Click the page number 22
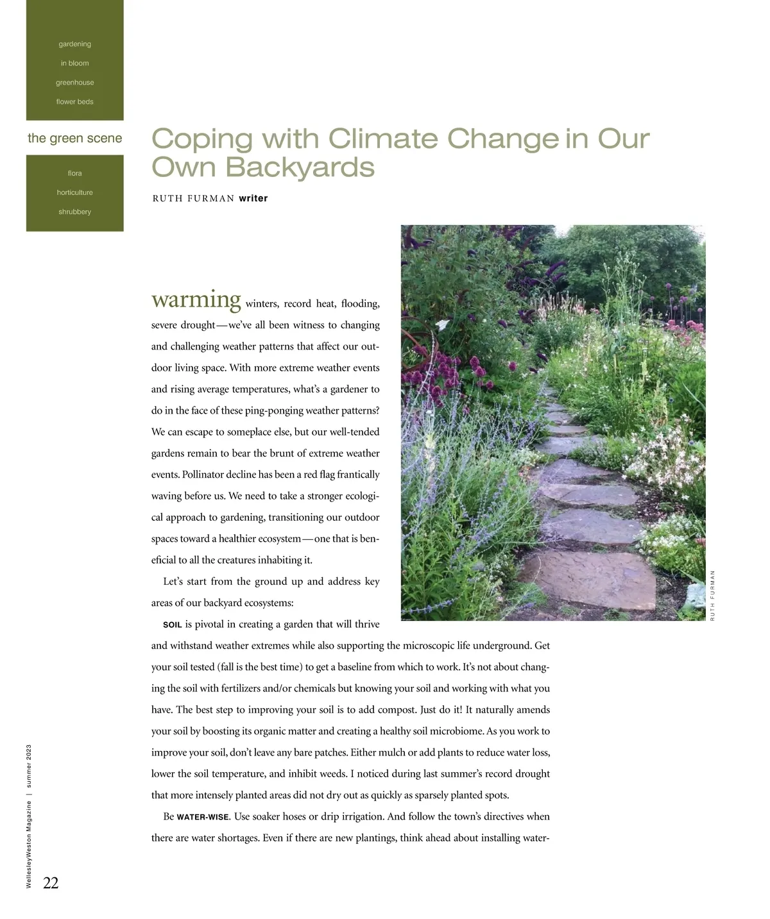tap(51, 883)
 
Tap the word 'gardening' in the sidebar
tap(75, 44)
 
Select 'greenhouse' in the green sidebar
tap(75, 83)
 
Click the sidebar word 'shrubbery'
tap(75, 212)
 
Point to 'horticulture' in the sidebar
tap(75, 192)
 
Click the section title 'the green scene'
tap(75, 139)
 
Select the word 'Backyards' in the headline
tap(300, 167)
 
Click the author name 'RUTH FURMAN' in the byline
tap(193, 199)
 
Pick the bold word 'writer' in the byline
tap(253, 199)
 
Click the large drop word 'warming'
tap(196, 299)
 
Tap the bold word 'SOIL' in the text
tap(173, 625)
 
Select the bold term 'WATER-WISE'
tap(203, 817)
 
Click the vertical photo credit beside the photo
tap(713, 595)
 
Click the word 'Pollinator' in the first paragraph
tap(204, 475)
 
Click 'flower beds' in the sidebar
tap(75, 102)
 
